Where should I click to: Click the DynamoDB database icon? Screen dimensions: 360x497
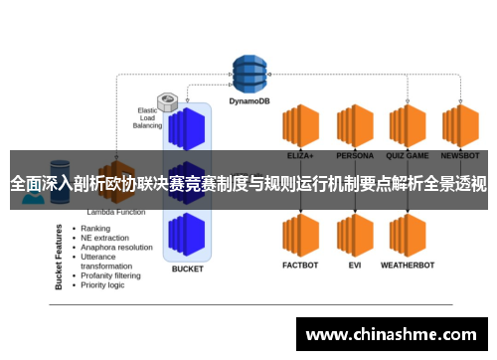249,71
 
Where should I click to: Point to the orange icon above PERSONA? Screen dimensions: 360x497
354,126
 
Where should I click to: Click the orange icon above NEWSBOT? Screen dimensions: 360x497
460,126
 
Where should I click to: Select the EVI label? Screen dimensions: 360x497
354,266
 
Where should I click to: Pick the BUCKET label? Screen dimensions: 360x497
187,269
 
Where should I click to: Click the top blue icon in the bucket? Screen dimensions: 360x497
187,128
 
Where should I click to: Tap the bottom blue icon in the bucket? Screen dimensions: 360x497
187,235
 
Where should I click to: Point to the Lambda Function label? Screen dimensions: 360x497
115,212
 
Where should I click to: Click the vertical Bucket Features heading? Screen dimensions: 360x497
59,257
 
